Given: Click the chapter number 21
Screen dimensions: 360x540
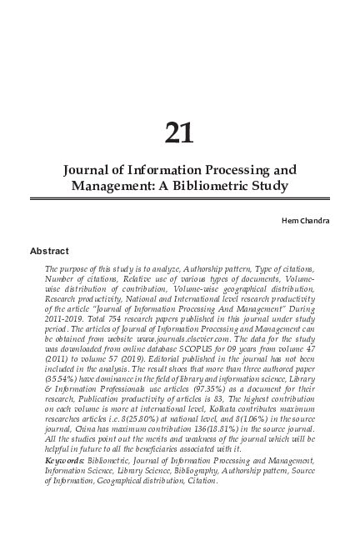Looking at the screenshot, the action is coord(180,132).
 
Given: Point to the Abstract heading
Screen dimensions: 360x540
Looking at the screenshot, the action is coord(49,249).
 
